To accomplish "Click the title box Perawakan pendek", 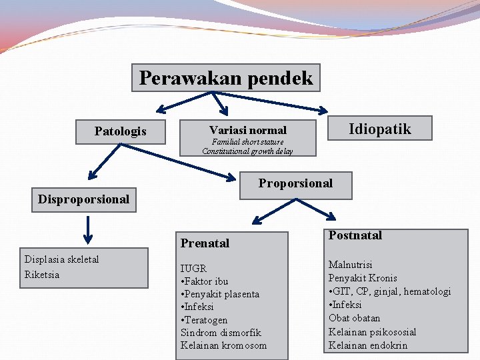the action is [225, 78].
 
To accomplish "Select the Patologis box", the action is [120, 131].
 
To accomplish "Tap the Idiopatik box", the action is [380, 129].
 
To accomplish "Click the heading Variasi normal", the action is [247, 130].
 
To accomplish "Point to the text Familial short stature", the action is [247, 142].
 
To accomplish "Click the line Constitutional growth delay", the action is [247, 151].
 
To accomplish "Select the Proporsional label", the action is [295, 183].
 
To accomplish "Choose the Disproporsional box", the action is [84, 199].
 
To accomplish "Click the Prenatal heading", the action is [205, 243].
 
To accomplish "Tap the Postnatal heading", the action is [355, 235].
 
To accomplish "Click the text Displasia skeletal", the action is [61, 259].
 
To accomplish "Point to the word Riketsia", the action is [42, 275].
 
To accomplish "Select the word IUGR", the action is [193, 269].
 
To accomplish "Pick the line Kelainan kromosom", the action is [223, 345].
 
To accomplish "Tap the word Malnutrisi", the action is [351, 265].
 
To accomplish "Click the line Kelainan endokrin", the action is [368, 345].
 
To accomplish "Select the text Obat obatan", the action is [355, 318].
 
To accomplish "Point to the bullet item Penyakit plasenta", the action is [220, 294].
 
